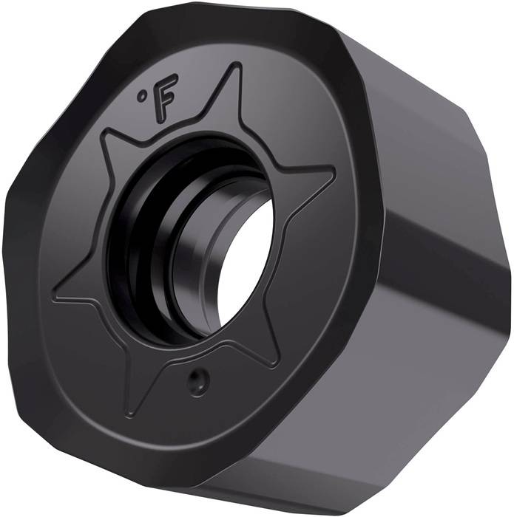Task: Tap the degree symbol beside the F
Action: click(140, 96)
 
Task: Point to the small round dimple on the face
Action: click(197, 380)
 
